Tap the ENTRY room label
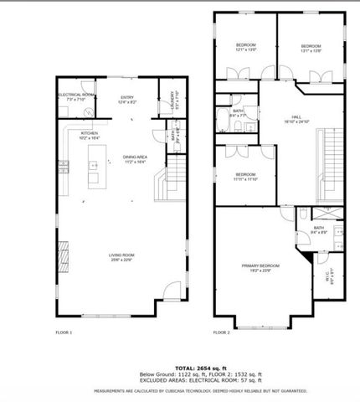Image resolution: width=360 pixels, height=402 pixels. (127, 99)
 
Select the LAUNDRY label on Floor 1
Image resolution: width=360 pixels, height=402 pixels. (172, 100)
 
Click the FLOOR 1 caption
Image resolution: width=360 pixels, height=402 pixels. (64, 332)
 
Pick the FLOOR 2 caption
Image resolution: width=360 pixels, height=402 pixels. (221, 332)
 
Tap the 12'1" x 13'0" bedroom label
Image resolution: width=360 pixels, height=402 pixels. (244, 47)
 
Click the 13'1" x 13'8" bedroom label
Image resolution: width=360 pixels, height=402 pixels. (311, 47)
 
